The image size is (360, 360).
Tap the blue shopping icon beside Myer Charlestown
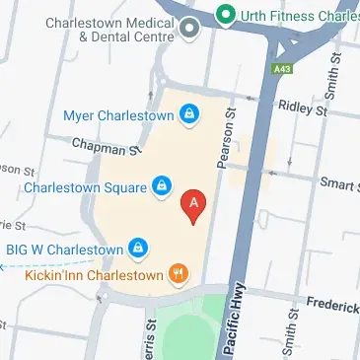pyautogui.click(x=188, y=115)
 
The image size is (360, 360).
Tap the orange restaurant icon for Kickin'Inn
pyautogui.click(x=179, y=273)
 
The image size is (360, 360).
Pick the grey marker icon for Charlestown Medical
pyautogui.click(x=187, y=32)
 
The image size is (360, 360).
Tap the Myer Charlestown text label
pyautogui.click(x=117, y=115)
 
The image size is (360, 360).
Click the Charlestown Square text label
pyautogui.click(x=87, y=184)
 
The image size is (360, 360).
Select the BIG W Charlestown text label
pyautogui.click(x=64, y=249)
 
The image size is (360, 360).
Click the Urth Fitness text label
pyautogui.click(x=300, y=14)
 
